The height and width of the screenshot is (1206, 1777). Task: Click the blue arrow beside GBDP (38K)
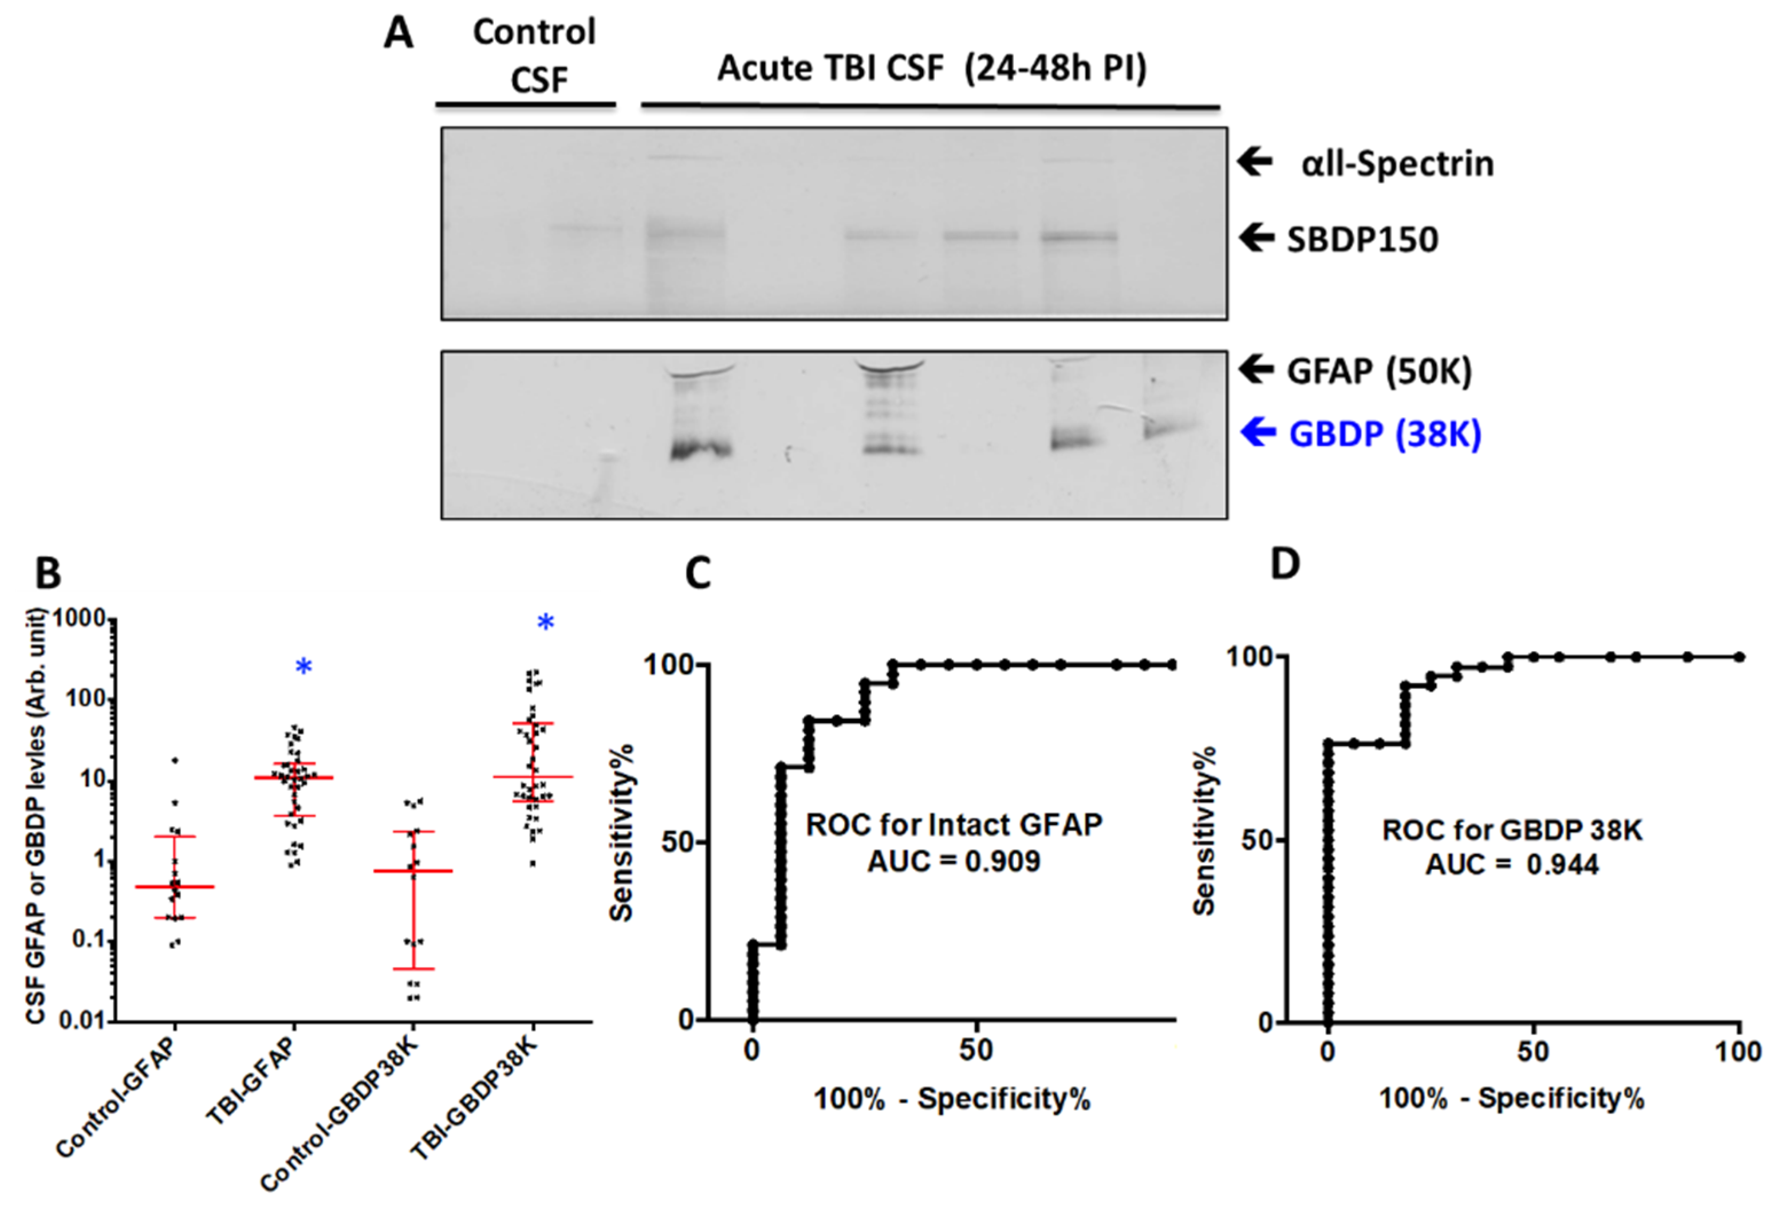pyautogui.click(x=1257, y=433)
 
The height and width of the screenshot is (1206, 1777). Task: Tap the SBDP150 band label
pyautogui.click(x=1362, y=240)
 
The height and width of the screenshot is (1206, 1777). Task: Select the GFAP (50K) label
pyautogui.click(x=1378, y=372)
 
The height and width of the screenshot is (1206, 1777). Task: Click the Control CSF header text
pyautogui.click(x=534, y=55)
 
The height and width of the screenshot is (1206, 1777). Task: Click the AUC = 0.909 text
pyautogui.click(x=953, y=862)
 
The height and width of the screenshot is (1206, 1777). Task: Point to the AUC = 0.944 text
pyautogui.click(x=1512, y=865)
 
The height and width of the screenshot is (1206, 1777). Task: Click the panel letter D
pyautogui.click(x=1285, y=565)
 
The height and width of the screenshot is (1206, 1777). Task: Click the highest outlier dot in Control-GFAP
pyautogui.click(x=175, y=760)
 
